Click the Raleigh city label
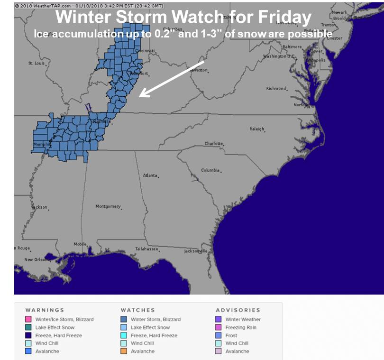coord(256,129)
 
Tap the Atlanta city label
coord(150,175)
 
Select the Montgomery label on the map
coord(108,206)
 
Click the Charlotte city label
coord(213,143)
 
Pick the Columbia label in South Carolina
coord(210,170)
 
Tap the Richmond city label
coord(276,88)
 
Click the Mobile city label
coord(80,244)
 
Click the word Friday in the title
coord(286,18)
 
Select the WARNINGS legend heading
coord(45,310)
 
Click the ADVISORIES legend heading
coord(238,310)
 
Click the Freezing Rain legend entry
coord(241,327)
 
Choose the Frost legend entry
coord(231,335)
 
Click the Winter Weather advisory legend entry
coord(243,319)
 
